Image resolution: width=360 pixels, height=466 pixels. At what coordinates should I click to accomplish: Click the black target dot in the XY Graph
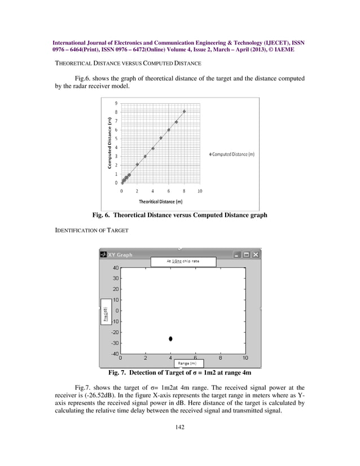coord(170,338)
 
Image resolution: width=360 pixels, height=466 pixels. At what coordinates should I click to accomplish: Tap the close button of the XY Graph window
coord(256,254)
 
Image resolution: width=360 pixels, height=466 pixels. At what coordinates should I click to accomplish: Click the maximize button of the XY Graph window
coord(247,254)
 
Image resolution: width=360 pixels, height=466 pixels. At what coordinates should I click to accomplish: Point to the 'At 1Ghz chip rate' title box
coord(183,262)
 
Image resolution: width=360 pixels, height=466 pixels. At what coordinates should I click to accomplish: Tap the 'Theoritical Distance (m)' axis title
coord(160,201)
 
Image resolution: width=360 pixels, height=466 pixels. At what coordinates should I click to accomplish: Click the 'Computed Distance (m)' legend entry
coord(231,154)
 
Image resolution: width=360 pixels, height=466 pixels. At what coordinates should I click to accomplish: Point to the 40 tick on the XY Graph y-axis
coord(115,268)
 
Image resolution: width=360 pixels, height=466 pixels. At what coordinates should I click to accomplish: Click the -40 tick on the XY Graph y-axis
coord(114,354)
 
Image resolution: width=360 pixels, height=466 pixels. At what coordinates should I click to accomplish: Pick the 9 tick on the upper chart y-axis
coord(116,103)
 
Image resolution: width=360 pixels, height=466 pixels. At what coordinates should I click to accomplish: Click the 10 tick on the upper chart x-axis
coord(200,191)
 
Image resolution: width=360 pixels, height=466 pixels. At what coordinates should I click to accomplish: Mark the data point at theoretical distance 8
coord(184,112)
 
